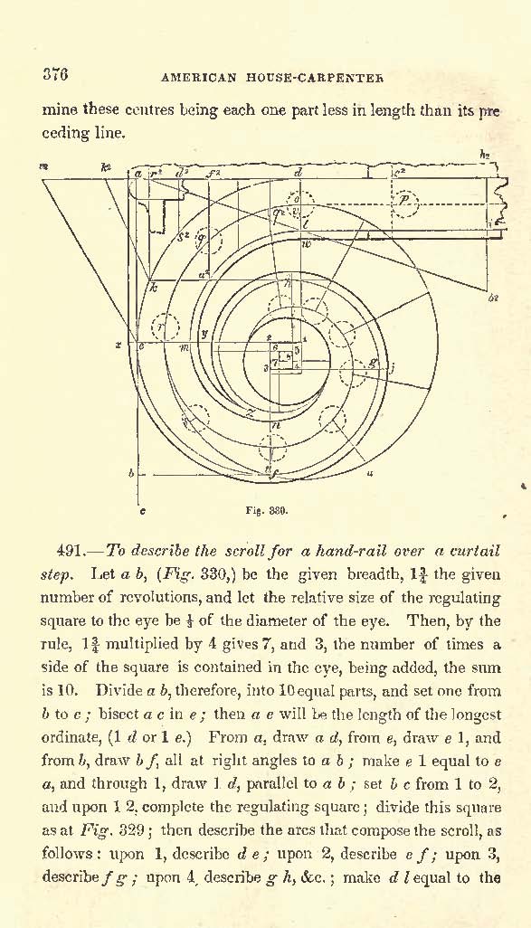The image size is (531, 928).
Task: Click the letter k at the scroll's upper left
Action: [153, 289]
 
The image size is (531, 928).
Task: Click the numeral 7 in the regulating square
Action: [274, 362]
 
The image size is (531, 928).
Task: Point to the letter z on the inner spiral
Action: [251, 413]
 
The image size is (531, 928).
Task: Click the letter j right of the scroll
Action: [392, 367]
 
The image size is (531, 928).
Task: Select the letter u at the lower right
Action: [370, 473]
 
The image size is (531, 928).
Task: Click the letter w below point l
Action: [306, 244]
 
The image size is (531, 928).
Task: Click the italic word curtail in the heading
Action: [475, 551]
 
